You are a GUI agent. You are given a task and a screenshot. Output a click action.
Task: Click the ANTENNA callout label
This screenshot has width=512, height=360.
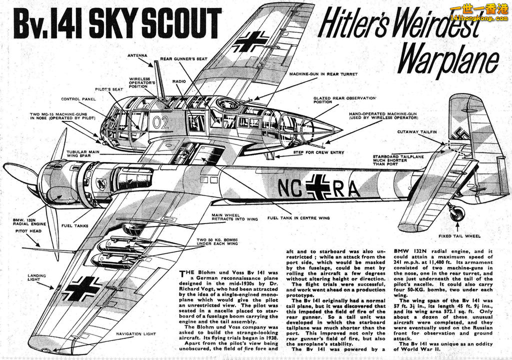point(137,56)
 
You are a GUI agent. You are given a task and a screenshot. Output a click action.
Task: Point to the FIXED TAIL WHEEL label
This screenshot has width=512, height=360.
point(459,236)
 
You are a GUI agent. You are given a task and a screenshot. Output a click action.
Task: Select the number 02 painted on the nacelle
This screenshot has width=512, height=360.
point(160,122)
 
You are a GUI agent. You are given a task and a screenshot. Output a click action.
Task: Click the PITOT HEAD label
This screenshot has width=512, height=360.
point(28,231)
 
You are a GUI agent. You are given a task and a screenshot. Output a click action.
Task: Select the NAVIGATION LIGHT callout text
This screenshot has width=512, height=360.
point(136,334)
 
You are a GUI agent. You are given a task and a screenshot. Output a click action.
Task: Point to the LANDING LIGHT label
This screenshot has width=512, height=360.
point(36,277)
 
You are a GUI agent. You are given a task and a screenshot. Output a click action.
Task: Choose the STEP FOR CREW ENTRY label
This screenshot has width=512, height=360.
point(318,152)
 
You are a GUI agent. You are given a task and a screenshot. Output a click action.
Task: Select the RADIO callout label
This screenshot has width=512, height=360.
point(179,81)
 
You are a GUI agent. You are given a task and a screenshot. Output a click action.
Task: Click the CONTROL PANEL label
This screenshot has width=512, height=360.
point(78,99)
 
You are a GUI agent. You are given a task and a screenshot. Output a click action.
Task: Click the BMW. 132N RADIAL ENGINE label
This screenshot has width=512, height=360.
point(29,222)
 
